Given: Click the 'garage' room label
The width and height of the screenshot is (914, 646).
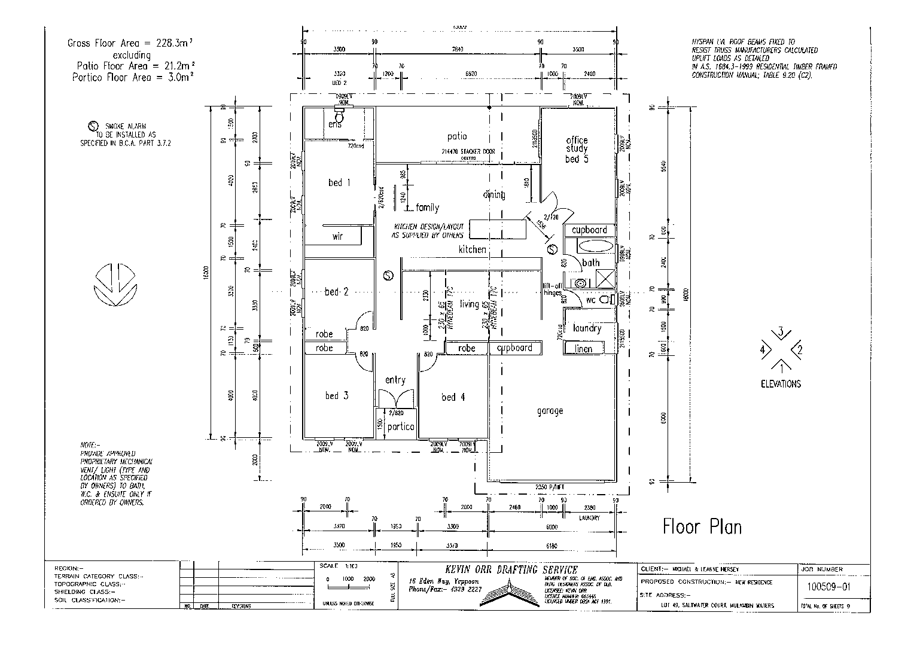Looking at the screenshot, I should [549, 411].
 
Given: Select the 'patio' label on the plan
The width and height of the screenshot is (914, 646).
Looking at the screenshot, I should [456, 136].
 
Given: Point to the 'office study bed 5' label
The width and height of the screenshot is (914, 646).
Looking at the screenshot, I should [577, 150].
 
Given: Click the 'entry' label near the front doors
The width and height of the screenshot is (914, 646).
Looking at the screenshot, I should [395, 380].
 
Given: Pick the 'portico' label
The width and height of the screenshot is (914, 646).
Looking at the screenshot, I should [400, 426].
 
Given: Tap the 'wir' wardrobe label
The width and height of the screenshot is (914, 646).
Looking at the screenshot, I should [337, 236].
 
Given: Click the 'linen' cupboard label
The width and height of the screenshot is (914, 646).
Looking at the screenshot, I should [583, 349].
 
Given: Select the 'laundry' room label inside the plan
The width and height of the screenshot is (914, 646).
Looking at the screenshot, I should [586, 328].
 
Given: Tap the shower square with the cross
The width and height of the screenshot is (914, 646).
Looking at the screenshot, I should [604, 279].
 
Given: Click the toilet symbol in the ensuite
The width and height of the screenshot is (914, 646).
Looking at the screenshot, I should [340, 114].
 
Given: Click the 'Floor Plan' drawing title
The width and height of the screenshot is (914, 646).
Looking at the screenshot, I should [702, 527].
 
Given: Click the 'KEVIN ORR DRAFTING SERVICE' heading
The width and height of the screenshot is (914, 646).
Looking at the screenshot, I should [493, 569].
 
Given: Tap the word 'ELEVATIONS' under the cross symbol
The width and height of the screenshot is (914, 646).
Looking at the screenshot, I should [781, 384].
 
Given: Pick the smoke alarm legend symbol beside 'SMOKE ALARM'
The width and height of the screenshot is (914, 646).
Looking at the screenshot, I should [93, 126].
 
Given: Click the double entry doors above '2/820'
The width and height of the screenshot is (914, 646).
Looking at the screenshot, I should [395, 398].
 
